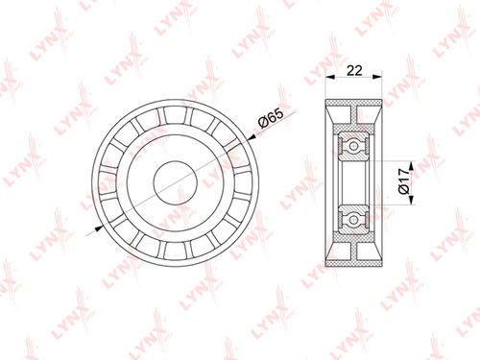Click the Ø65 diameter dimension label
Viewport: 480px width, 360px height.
(271, 118)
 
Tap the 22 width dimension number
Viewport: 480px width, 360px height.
(354, 70)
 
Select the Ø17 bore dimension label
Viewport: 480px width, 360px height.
(404, 181)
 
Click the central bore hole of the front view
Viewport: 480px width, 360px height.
(175, 182)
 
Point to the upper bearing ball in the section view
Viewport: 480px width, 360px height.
(353, 146)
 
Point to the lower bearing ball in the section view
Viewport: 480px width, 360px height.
(353, 220)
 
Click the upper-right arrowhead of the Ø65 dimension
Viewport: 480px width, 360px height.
(252, 137)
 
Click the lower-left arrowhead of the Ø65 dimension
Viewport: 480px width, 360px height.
(99, 228)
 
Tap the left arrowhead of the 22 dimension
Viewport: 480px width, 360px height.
(329, 77)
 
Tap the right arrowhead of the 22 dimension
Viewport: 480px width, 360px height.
(377, 77)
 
